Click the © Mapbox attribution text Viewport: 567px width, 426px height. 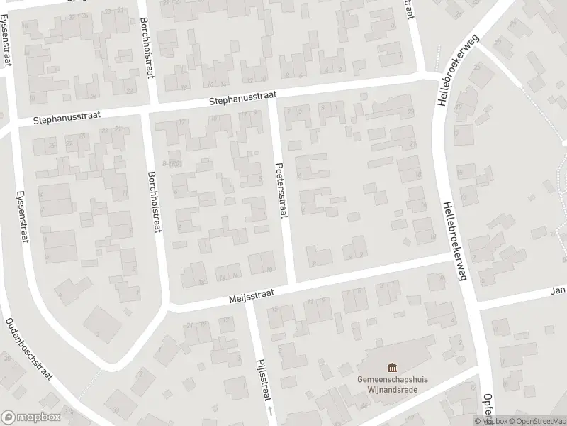[491, 421]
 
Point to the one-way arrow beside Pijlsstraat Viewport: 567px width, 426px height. [269, 411]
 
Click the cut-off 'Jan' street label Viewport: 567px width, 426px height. [558, 290]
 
